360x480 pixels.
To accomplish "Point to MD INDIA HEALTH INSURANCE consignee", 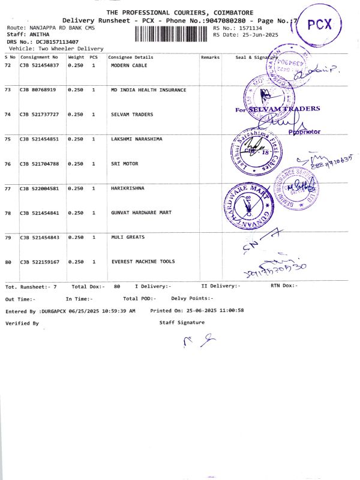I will [148, 89].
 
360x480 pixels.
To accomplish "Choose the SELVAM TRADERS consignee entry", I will [132, 114].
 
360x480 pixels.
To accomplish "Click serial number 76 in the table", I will [8, 164].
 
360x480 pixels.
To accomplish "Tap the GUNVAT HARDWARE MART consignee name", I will [141, 213].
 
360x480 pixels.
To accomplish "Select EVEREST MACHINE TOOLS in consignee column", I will [143, 262].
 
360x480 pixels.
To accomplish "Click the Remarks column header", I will [211, 57].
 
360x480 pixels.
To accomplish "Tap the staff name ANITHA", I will [37, 35].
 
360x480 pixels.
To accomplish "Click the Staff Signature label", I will [182, 322].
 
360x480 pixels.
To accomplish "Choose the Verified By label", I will [22, 323].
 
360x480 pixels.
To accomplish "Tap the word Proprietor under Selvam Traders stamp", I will [304, 131].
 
